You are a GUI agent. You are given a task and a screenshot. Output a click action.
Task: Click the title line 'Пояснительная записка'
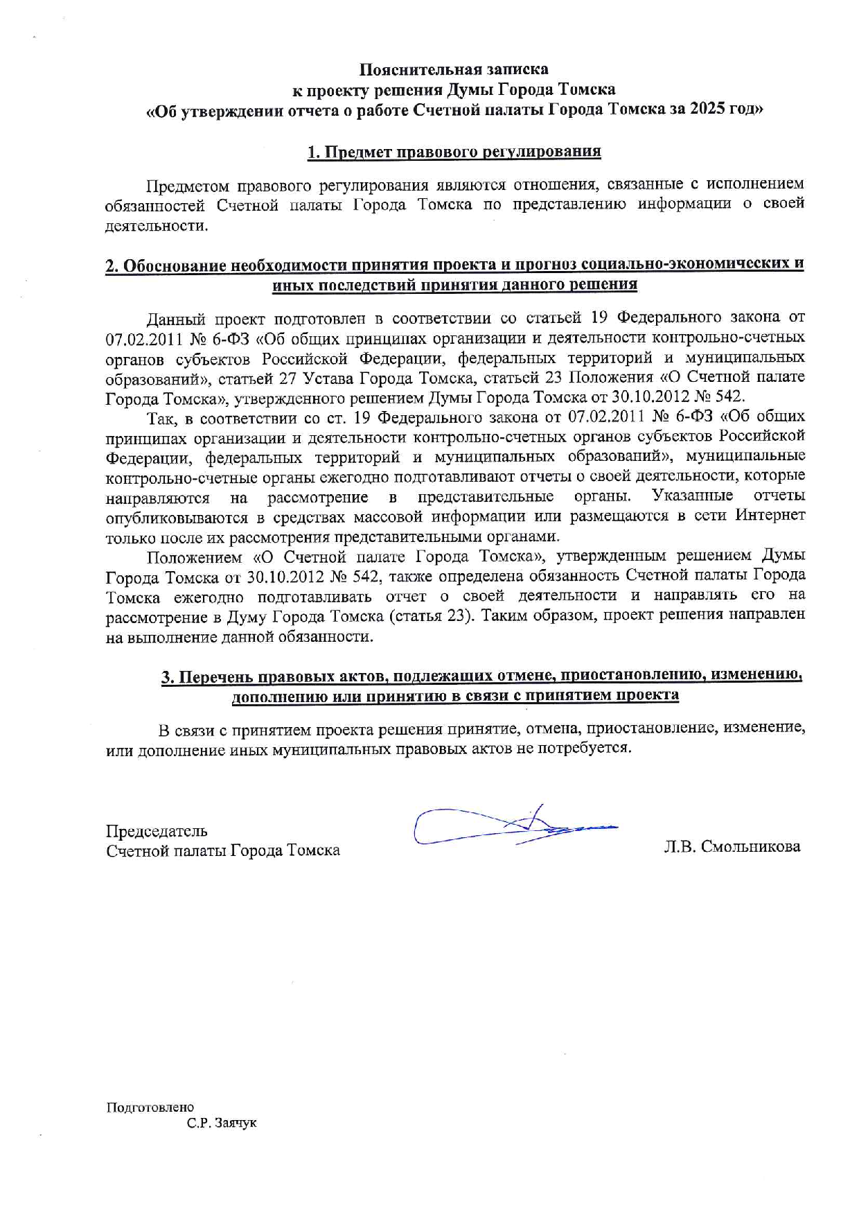click(454, 69)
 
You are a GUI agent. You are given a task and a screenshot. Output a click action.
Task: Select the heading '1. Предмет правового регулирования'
click(454, 152)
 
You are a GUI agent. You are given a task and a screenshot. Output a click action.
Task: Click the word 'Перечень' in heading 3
click(216, 676)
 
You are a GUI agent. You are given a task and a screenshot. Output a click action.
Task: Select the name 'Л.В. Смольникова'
click(732, 846)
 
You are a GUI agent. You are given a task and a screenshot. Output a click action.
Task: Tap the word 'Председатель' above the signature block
click(157, 830)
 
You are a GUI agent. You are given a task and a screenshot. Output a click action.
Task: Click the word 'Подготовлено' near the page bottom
click(150, 1107)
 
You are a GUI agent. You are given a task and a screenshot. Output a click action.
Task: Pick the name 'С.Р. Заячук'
click(222, 1122)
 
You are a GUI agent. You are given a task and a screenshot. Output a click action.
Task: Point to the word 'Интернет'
click(770, 516)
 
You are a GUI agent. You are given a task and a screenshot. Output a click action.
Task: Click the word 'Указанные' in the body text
click(692, 496)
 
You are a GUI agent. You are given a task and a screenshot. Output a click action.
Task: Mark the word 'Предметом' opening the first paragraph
click(186, 184)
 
